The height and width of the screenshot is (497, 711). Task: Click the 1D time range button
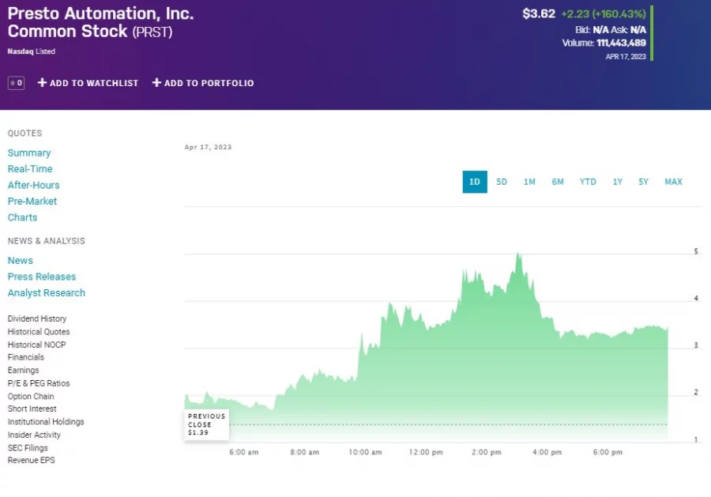point(475,182)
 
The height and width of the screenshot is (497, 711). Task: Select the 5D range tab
point(502,182)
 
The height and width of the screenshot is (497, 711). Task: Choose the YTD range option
point(588,182)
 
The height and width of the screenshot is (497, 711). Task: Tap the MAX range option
point(673,182)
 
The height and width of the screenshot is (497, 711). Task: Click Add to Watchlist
point(88,83)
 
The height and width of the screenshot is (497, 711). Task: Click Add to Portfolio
point(203,83)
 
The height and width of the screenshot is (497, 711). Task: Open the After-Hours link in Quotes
point(33,185)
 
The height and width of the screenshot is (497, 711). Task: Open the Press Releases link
point(42,277)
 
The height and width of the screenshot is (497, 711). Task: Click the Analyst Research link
point(47,293)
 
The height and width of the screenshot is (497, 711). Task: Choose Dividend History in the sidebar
point(37,319)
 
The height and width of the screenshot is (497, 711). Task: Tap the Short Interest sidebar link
point(32,409)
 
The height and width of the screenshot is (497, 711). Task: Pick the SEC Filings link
point(28,448)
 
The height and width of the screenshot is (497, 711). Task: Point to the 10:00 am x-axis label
point(365,453)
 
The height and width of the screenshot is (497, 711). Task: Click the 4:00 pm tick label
point(547,453)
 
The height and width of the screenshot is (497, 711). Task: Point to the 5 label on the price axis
point(696,251)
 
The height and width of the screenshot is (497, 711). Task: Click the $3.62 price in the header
point(539,13)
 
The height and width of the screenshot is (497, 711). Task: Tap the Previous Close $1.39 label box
point(207,424)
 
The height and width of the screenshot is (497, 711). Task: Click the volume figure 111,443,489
point(621,43)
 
